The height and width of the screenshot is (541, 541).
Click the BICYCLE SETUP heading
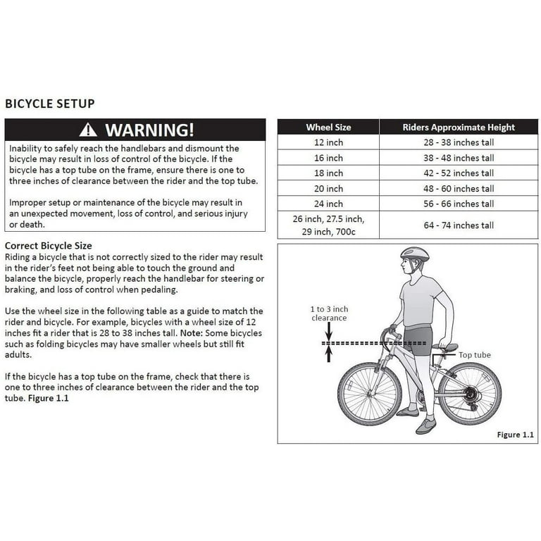(50, 104)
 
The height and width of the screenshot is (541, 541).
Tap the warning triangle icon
(88, 130)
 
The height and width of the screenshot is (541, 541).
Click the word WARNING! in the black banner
(149, 130)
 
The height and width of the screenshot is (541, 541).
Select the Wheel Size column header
(328, 128)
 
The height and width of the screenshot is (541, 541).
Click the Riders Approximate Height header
(459, 128)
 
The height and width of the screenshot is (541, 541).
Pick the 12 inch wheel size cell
(328, 142)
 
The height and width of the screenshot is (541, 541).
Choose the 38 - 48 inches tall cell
(459, 158)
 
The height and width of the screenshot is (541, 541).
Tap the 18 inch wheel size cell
(328, 173)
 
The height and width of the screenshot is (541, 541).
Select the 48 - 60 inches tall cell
(459, 189)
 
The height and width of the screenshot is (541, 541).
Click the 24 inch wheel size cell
(328, 204)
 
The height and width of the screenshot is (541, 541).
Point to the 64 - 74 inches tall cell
(459, 225)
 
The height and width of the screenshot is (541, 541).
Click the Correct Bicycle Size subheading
(49, 246)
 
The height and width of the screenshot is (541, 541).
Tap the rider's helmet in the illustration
(414, 254)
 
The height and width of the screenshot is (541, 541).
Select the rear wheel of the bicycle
(469, 393)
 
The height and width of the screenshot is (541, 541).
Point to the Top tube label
(474, 355)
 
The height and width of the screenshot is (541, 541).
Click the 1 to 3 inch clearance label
(329, 313)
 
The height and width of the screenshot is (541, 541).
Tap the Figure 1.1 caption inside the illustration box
(515, 435)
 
